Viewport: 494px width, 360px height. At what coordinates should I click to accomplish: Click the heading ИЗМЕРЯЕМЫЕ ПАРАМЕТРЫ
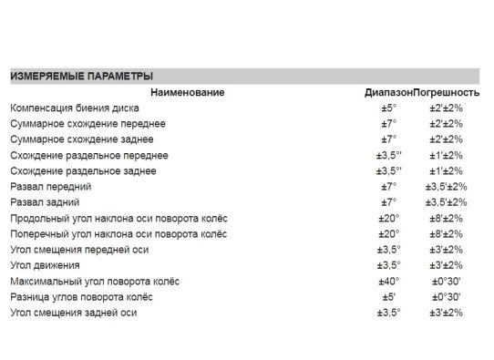click(x=81, y=77)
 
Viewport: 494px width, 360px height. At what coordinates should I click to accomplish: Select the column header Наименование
click(x=188, y=93)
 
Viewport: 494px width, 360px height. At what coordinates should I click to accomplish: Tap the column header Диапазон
click(x=388, y=93)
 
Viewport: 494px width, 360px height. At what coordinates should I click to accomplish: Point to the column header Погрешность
click(x=447, y=93)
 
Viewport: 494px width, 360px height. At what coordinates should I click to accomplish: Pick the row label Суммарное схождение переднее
click(x=82, y=124)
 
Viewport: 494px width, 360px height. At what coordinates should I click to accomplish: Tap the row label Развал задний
click(x=44, y=201)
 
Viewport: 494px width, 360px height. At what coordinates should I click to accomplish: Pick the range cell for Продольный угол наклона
click(x=389, y=218)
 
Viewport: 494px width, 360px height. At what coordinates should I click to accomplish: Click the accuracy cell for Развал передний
click(x=446, y=186)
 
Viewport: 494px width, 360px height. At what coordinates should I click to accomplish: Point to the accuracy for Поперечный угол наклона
click(x=446, y=233)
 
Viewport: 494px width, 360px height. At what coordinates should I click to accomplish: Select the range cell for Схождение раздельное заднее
click(x=389, y=170)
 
